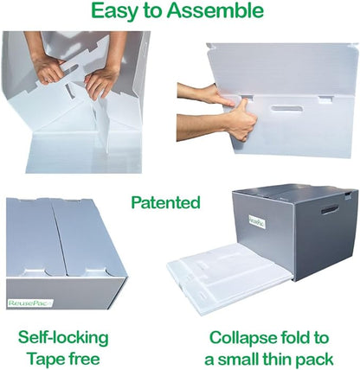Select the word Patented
[x=165, y=203]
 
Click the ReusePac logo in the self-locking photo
[x=29, y=303]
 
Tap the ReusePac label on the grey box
[x=249, y=220]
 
